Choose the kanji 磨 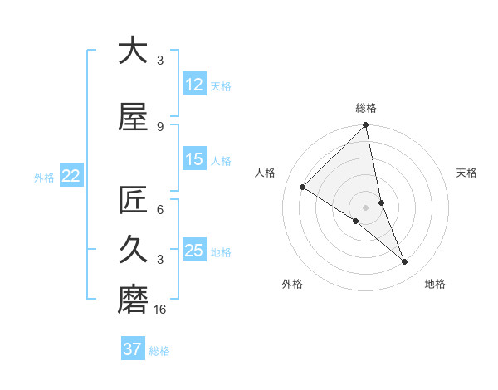click(x=133, y=296)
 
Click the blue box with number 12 click(x=193, y=84)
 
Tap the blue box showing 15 click(x=193, y=159)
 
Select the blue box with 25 click(x=193, y=251)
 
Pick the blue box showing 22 click(x=71, y=176)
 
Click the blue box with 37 click(x=132, y=349)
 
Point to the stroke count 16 click(x=160, y=310)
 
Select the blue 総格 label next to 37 click(x=159, y=351)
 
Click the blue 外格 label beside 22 click(x=44, y=177)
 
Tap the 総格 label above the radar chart click(x=365, y=108)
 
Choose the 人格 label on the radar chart click(x=266, y=173)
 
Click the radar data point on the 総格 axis click(x=365, y=126)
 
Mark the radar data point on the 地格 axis click(x=405, y=262)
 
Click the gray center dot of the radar click(x=365, y=207)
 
